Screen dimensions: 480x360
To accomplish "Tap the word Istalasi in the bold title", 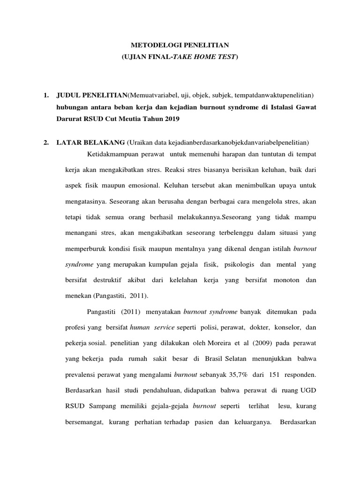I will click(x=276, y=107).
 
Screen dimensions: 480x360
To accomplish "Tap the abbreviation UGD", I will click(x=309, y=390).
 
